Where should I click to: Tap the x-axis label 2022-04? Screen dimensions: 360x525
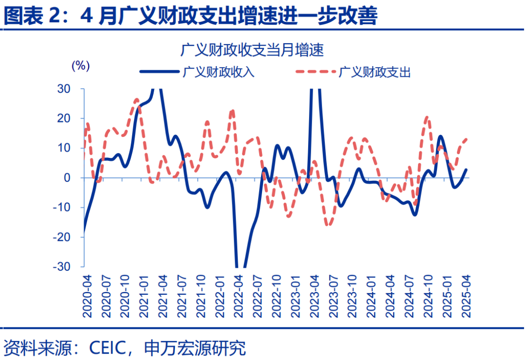click(x=238, y=296)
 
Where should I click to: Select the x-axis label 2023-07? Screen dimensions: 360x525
click(x=333, y=296)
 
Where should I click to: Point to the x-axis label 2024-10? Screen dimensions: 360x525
click(x=428, y=296)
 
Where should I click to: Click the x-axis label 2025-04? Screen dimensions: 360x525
click(x=466, y=296)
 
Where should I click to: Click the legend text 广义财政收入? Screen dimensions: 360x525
click(x=218, y=72)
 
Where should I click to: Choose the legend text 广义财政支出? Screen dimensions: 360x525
click(x=375, y=72)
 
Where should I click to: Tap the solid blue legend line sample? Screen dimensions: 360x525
click(x=159, y=72)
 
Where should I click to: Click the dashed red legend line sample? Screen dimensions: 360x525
click(x=315, y=72)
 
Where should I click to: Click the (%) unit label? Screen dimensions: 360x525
click(x=80, y=66)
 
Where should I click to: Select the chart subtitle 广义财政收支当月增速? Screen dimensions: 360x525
click(x=252, y=50)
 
